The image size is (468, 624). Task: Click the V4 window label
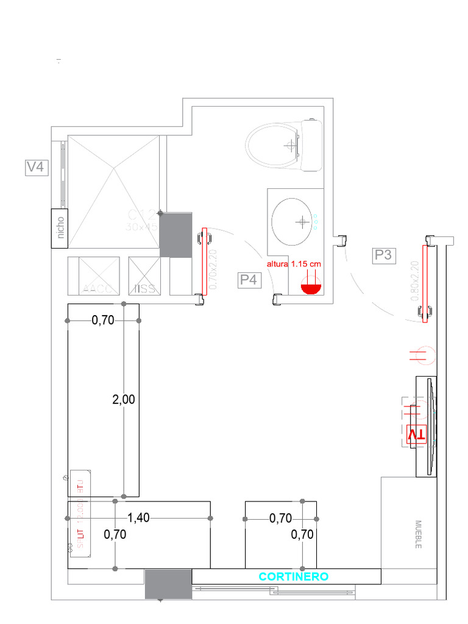pos(35,167)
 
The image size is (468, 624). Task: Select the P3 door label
pos(383,255)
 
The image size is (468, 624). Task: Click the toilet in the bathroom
pos(284,146)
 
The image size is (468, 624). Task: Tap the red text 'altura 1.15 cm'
pos(293,264)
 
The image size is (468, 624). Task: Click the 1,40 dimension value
pos(139,518)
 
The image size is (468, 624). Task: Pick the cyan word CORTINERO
pos(294,576)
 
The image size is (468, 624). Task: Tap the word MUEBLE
pos(419,534)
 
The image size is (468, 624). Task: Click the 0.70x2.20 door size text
pos(213,268)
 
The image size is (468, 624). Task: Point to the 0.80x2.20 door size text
pos(415,282)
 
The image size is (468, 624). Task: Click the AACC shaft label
pos(97,288)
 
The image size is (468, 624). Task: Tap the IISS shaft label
pos(144,288)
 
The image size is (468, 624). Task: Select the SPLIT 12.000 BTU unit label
pos(80,513)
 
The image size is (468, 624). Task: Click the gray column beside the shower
pos(176,235)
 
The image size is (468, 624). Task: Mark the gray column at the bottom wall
pos(168,584)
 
